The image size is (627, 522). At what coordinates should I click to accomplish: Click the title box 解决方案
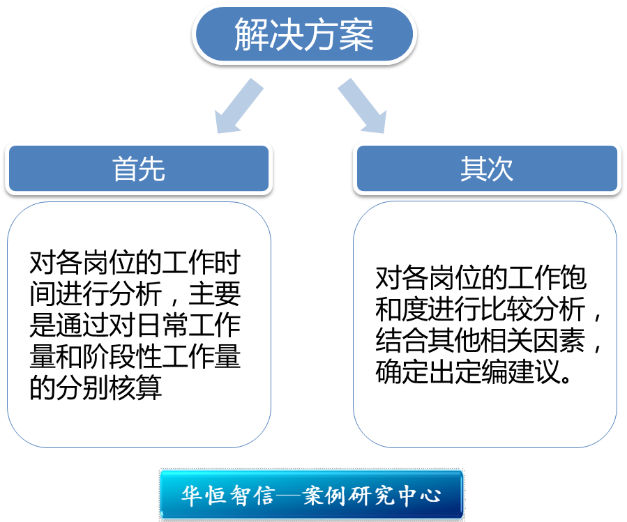click(303, 36)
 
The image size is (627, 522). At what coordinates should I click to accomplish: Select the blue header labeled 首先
click(138, 169)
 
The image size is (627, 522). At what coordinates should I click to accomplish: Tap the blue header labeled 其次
click(486, 169)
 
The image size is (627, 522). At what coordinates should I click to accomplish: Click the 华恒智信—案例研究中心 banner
click(312, 495)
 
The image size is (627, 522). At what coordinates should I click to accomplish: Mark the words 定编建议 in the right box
click(516, 373)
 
